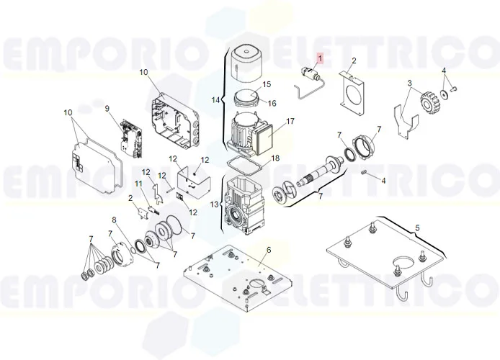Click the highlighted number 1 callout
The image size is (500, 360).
click(x=320, y=58)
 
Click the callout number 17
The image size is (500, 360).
click(x=290, y=122)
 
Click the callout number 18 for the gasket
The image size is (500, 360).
click(x=275, y=158)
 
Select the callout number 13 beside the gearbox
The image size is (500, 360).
click(x=215, y=204)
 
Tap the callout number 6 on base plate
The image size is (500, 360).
click(x=269, y=250)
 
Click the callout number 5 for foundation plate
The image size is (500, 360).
click(x=417, y=228)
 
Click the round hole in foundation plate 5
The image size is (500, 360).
click(x=403, y=263)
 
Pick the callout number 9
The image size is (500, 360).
click(x=107, y=109)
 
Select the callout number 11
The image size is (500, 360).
click(x=138, y=184)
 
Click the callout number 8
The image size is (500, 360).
click(x=115, y=220)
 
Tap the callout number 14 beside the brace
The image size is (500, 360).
click(x=215, y=100)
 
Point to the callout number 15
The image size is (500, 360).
click(x=267, y=84)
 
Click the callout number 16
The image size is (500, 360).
click(x=272, y=103)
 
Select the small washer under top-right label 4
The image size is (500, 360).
click(x=443, y=94)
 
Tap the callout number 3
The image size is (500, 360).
click(x=409, y=84)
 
